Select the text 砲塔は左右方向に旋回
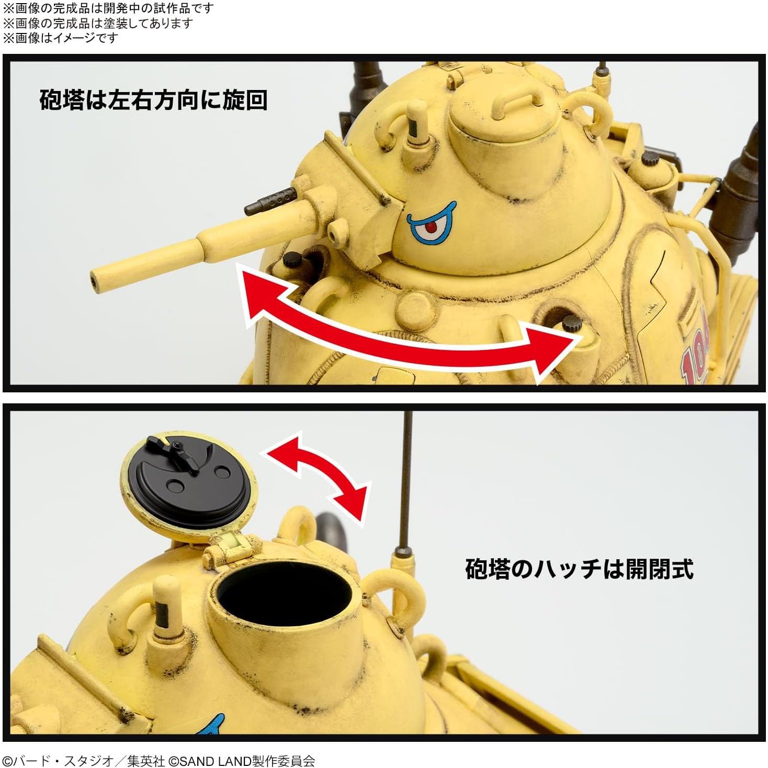pyautogui.click(x=153, y=100)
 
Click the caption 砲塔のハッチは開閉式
pyautogui.click(x=579, y=569)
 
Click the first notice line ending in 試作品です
pyautogui.click(x=109, y=8)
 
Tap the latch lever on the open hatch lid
pyautogui.click(x=178, y=453)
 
